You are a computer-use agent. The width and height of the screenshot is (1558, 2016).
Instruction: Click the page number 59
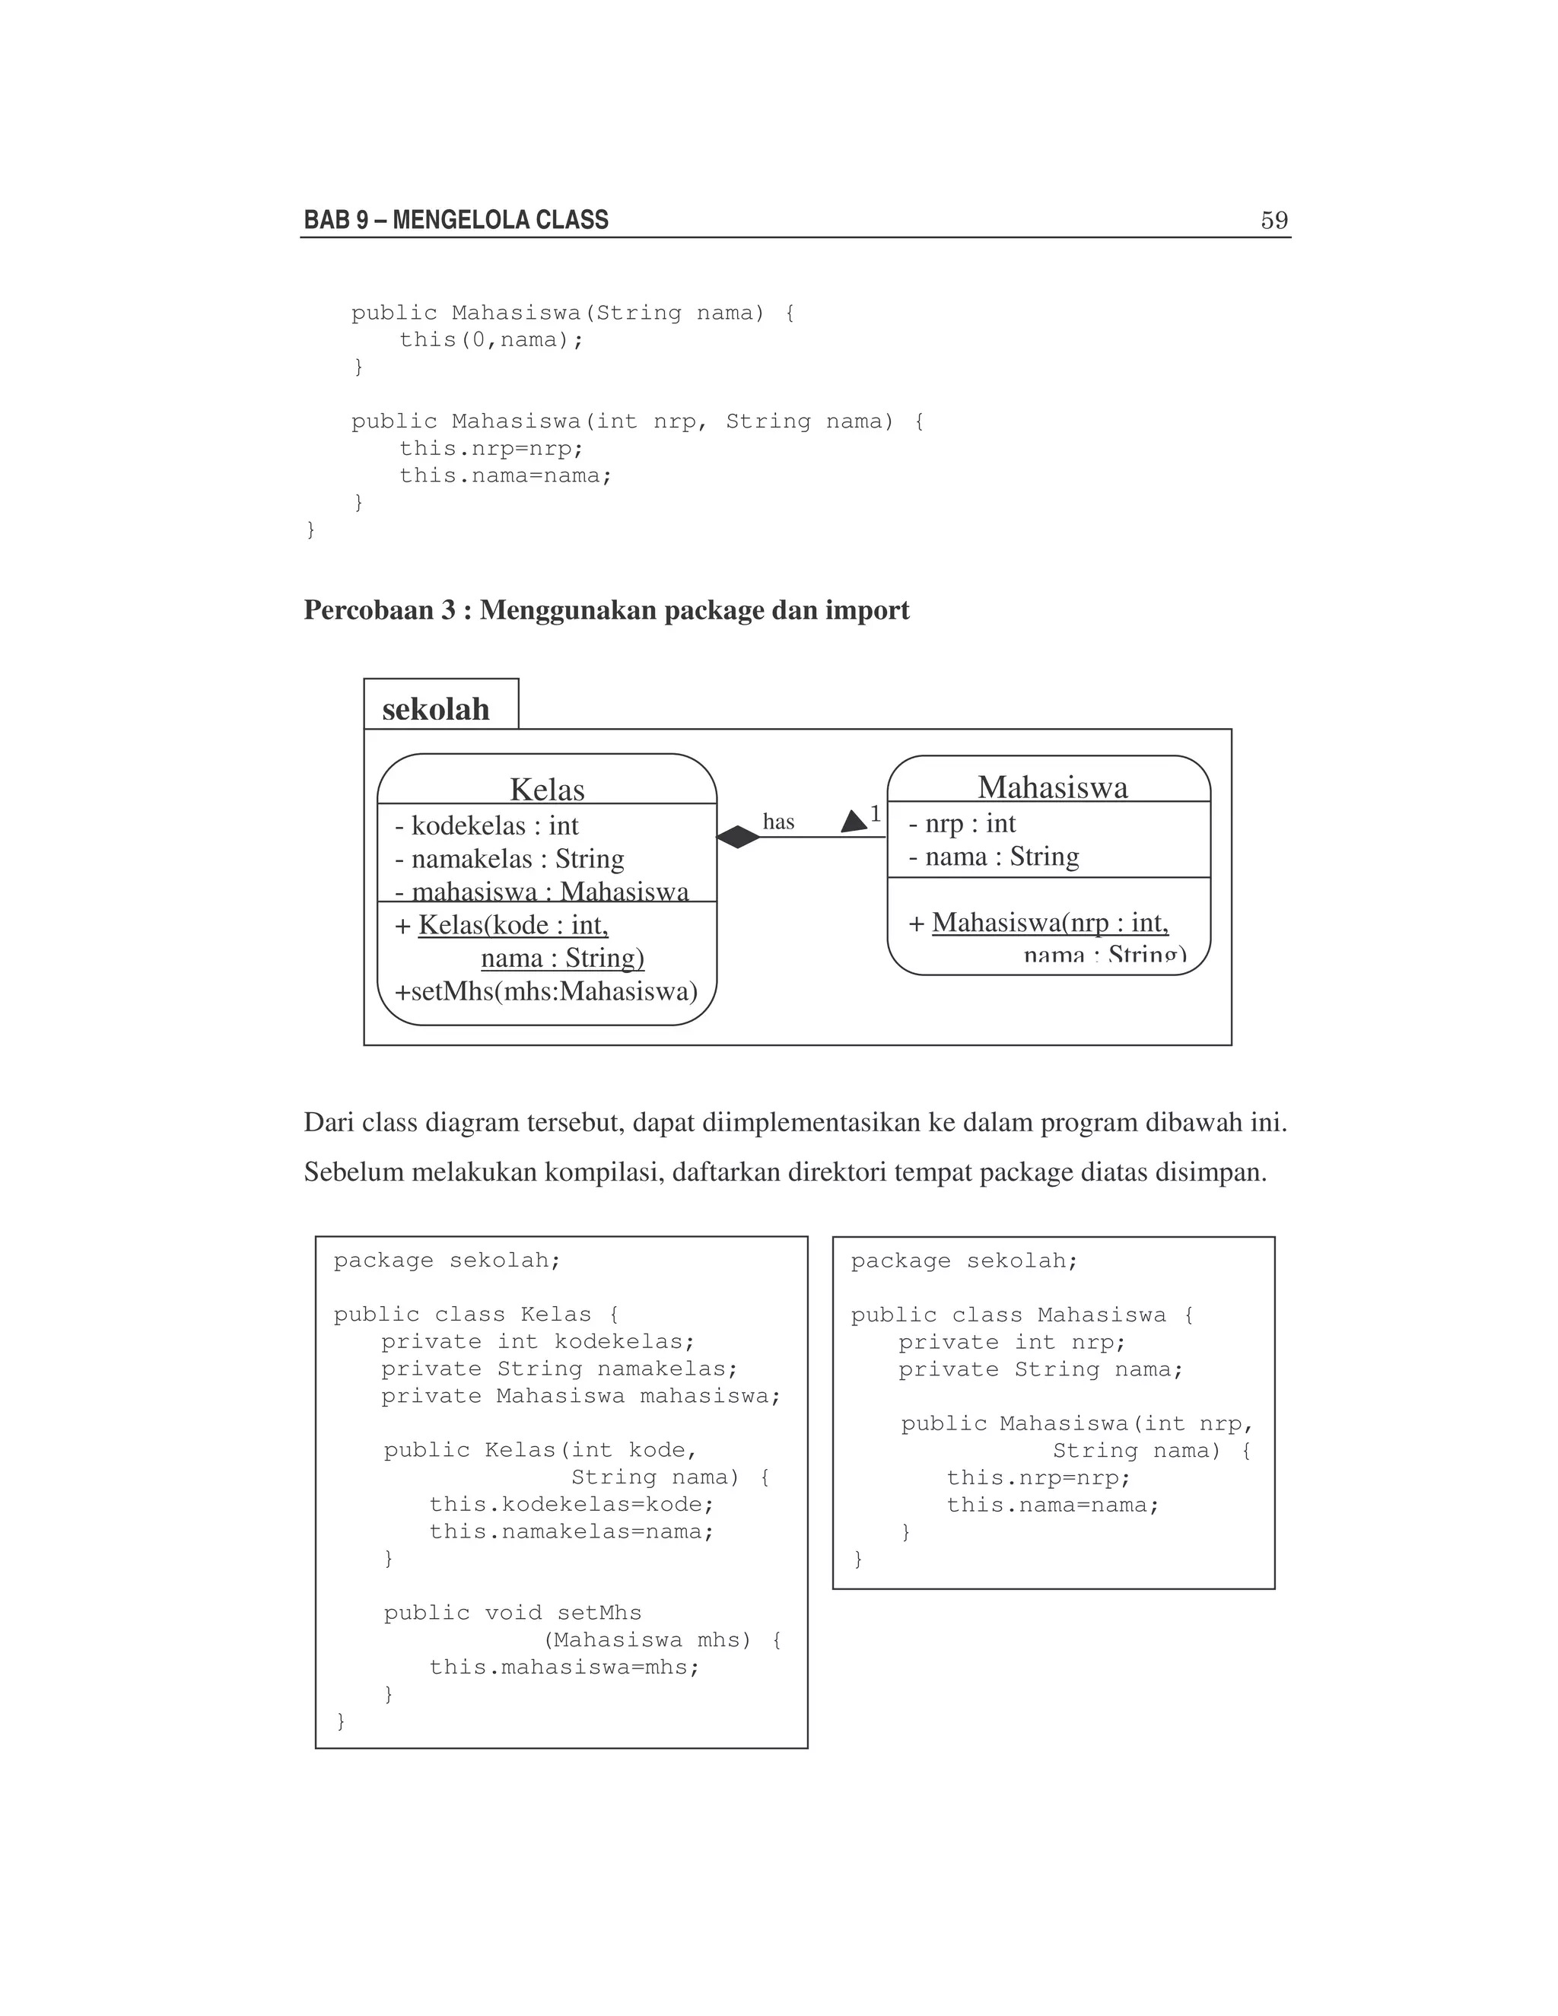click(x=1273, y=221)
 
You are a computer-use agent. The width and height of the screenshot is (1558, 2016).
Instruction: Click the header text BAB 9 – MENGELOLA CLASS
click(x=456, y=221)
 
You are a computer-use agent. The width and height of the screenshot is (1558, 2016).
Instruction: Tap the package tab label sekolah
click(x=436, y=709)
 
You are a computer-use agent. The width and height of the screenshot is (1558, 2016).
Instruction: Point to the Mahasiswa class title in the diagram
click(x=1052, y=787)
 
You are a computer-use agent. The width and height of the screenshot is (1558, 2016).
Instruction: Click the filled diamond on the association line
click(x=739, y=838)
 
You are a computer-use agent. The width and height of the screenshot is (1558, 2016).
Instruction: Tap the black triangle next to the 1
click(x=854, y=821)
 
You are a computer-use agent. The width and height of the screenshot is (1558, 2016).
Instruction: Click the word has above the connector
click(x=778, y=822)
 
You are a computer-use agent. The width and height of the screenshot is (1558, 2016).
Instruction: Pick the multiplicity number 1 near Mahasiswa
click(x=875, y=814)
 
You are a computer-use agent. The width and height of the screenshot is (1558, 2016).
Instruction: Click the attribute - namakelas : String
click(x=510, y=860)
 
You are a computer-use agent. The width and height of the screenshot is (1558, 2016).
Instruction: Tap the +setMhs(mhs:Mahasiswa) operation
click(x=546, y=991)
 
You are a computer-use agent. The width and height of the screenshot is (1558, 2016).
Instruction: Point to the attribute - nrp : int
click(x=962, y=822)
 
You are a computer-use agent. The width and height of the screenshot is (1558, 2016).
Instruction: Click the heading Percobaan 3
click(x=380, y=610)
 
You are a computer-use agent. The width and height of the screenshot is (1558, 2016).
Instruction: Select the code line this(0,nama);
click(x=491, y=340)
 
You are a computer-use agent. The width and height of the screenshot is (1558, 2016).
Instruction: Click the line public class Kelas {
click(x=476, y=1315)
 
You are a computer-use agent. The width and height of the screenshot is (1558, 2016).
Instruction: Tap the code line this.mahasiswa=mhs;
click(x=564, y=1667)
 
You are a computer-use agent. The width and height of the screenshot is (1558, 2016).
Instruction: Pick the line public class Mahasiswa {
click(x=1022, y=1315)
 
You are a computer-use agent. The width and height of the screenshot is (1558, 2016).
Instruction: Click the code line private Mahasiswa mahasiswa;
click(x=580, y=1396)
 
